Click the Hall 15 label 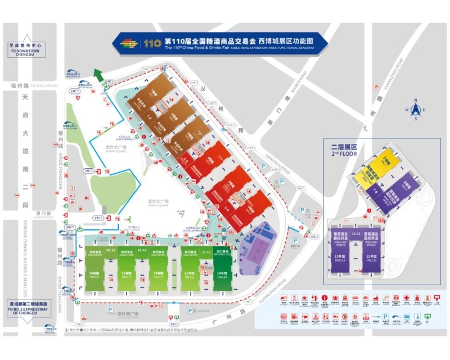tap(127, 275)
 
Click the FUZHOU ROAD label tap(46, 85)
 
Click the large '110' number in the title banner tap(152, 43)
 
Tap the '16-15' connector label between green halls tap(110, 250)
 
